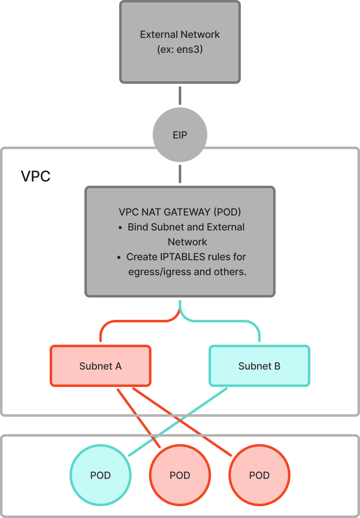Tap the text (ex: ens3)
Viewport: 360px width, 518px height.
pyautogui.click(x=180, y=49)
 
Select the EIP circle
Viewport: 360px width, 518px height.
pyautogui.click(x=180, y=135)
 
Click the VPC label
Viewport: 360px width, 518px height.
pyautogui.click(x=35, y=176)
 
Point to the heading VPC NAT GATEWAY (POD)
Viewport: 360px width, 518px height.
pyautogui.click(x=180, y=212)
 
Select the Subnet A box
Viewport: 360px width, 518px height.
pyautogui.click(x=100, y=366)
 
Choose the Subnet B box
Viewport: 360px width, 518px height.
pyautogui.click(x=259, y=366)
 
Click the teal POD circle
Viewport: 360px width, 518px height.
pyautogui.click(x=100, y=475)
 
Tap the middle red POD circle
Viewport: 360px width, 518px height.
pyautogui.click(x=180, y=475)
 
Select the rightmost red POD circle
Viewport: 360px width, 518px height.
pyautogui.click(x=259, y=475)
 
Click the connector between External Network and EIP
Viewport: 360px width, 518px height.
pyautogui.click(x=180, y=95)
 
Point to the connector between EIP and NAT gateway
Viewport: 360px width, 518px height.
pyautogui.click(x=180, y=174)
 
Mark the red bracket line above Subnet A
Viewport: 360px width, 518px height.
pyautogui.click(x=133, y=321)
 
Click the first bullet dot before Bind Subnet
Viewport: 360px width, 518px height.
pyautogui.click(x=120, y=228)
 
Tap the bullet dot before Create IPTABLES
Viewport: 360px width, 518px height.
pyautogui.click(x=119, y=258)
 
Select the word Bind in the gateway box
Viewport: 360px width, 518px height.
pyautogui.click(x=138, y=227)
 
